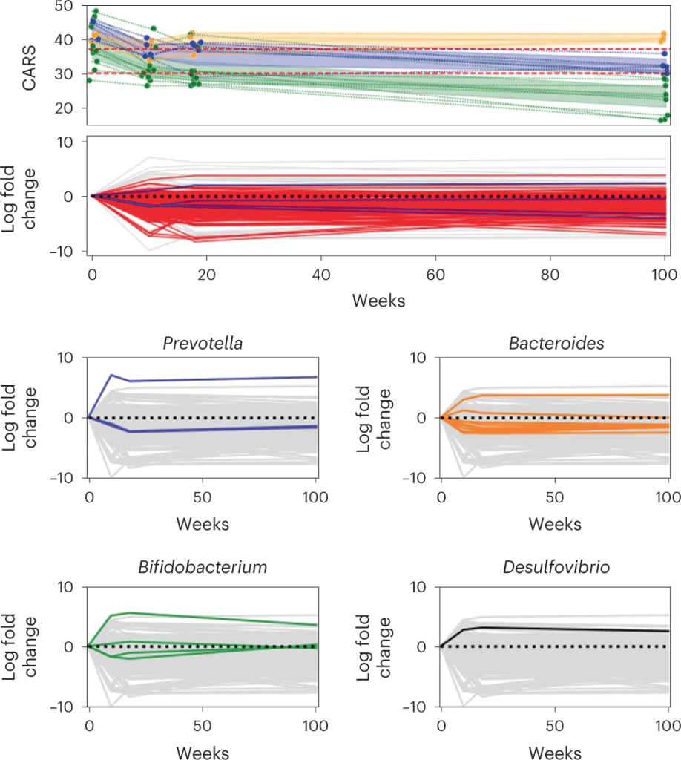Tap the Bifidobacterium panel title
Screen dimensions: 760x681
click(x=203, y=569)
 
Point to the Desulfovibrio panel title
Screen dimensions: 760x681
click(x=555, y=569)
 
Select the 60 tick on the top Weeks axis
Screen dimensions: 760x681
click(x=435, y=273)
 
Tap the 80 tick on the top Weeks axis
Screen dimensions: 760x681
click(x=550, y=273)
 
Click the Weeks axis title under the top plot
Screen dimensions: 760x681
click(x=378, y=301)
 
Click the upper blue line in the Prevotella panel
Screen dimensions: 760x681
click(x=208, y=379)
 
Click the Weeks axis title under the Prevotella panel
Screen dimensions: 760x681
click(x=203, y=524)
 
